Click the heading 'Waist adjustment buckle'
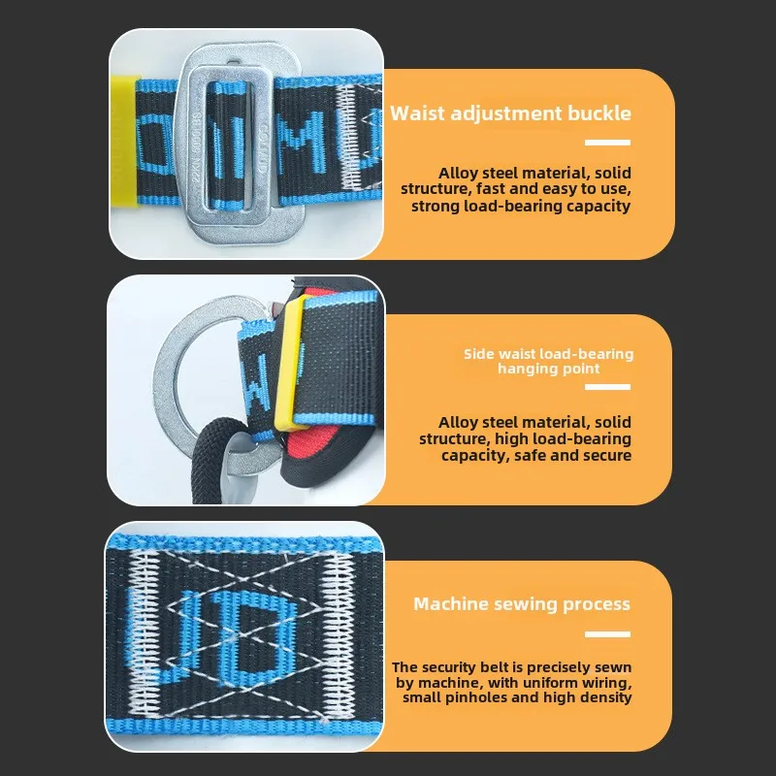click(510, 113)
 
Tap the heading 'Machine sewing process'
click(522, 604)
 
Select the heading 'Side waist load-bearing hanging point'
click(548, 361)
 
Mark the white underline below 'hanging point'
click(607, 387)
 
